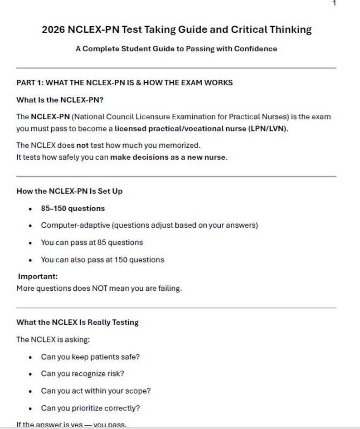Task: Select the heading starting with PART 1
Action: (x=124, y=83)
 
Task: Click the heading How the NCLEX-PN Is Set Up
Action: (x=69, y=191)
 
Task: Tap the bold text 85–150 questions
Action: (x=73, y=209)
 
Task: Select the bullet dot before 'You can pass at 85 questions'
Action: (x=30, y=243)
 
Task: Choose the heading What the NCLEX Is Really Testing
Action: (x=78, y=322)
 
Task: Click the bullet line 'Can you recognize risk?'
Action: (x=82, y=374)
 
